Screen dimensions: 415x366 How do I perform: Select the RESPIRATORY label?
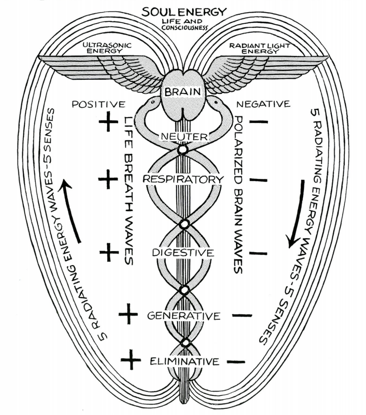pos(183,179)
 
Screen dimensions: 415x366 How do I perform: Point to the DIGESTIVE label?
pos(183,253)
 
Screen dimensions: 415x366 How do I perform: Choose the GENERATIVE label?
pos(184,316)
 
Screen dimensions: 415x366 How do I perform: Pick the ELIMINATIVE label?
pos(184,361)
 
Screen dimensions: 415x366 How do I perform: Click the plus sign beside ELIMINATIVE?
pos(131,359)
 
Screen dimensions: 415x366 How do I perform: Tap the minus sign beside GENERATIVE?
pos(242,316)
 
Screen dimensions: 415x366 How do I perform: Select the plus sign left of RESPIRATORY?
pos(108,179)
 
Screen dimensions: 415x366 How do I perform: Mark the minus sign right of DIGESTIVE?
pos(258,254)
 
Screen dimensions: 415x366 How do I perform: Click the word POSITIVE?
pos(98,104)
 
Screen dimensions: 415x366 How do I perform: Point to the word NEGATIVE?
pos(263,104)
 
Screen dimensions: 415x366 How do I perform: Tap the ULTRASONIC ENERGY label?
pos(107,48)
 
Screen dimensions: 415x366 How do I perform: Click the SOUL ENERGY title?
pos(184,12)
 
